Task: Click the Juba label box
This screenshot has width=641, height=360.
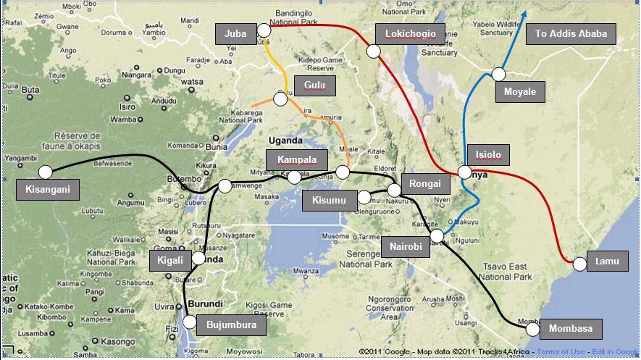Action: click(x=236, y=33)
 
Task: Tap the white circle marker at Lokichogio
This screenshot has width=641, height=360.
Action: click(x=374, y=51)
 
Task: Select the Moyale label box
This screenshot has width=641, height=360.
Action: click(x=520, y=92)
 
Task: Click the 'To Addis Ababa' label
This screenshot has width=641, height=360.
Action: click(x=575, y=33)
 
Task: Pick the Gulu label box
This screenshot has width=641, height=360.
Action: click(x=315, y=85)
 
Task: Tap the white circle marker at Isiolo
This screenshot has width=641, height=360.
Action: click(x=464, y=172)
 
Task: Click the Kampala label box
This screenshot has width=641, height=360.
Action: click(x=297, y=159)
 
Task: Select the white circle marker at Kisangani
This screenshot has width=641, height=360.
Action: click(x=46, y=172)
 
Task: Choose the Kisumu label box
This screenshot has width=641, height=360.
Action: click(x=330, y=200)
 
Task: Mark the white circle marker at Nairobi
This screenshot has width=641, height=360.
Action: click(x=437, y=235)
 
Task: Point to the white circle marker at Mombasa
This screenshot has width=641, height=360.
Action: click(x=533, y=329)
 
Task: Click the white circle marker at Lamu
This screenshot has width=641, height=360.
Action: click(x=579, y=264)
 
